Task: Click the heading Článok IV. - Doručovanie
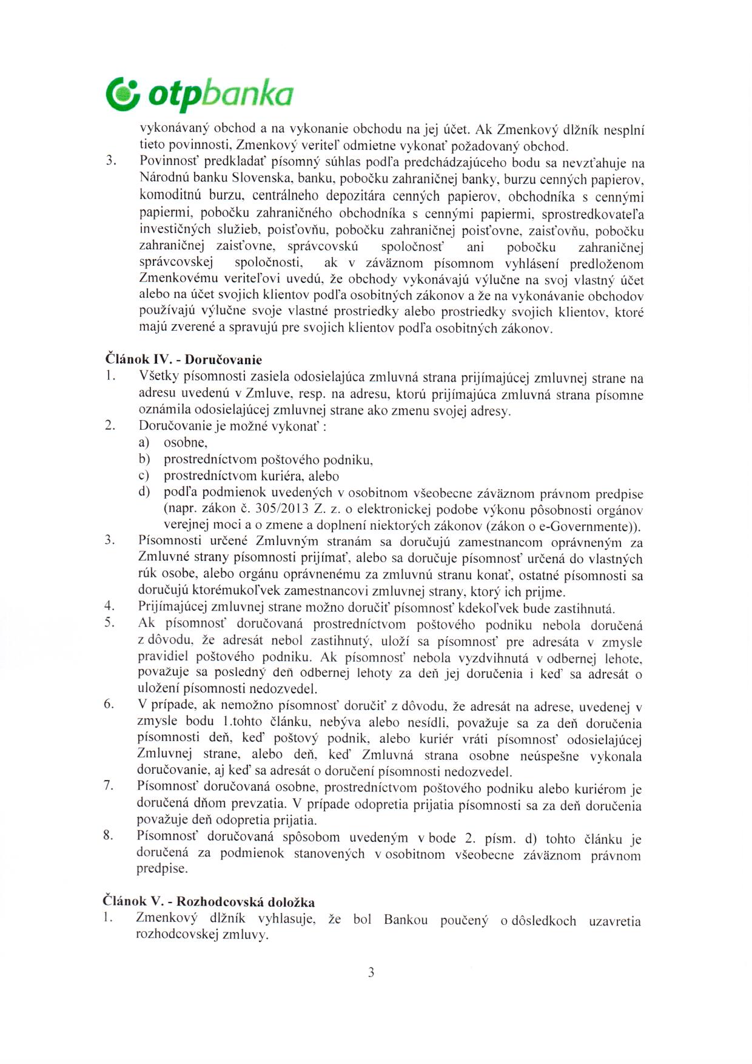(184, 359)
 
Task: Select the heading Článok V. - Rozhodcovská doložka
(210, 902)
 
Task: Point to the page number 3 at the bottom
(371, 972)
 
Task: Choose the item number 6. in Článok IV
(109, 704)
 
